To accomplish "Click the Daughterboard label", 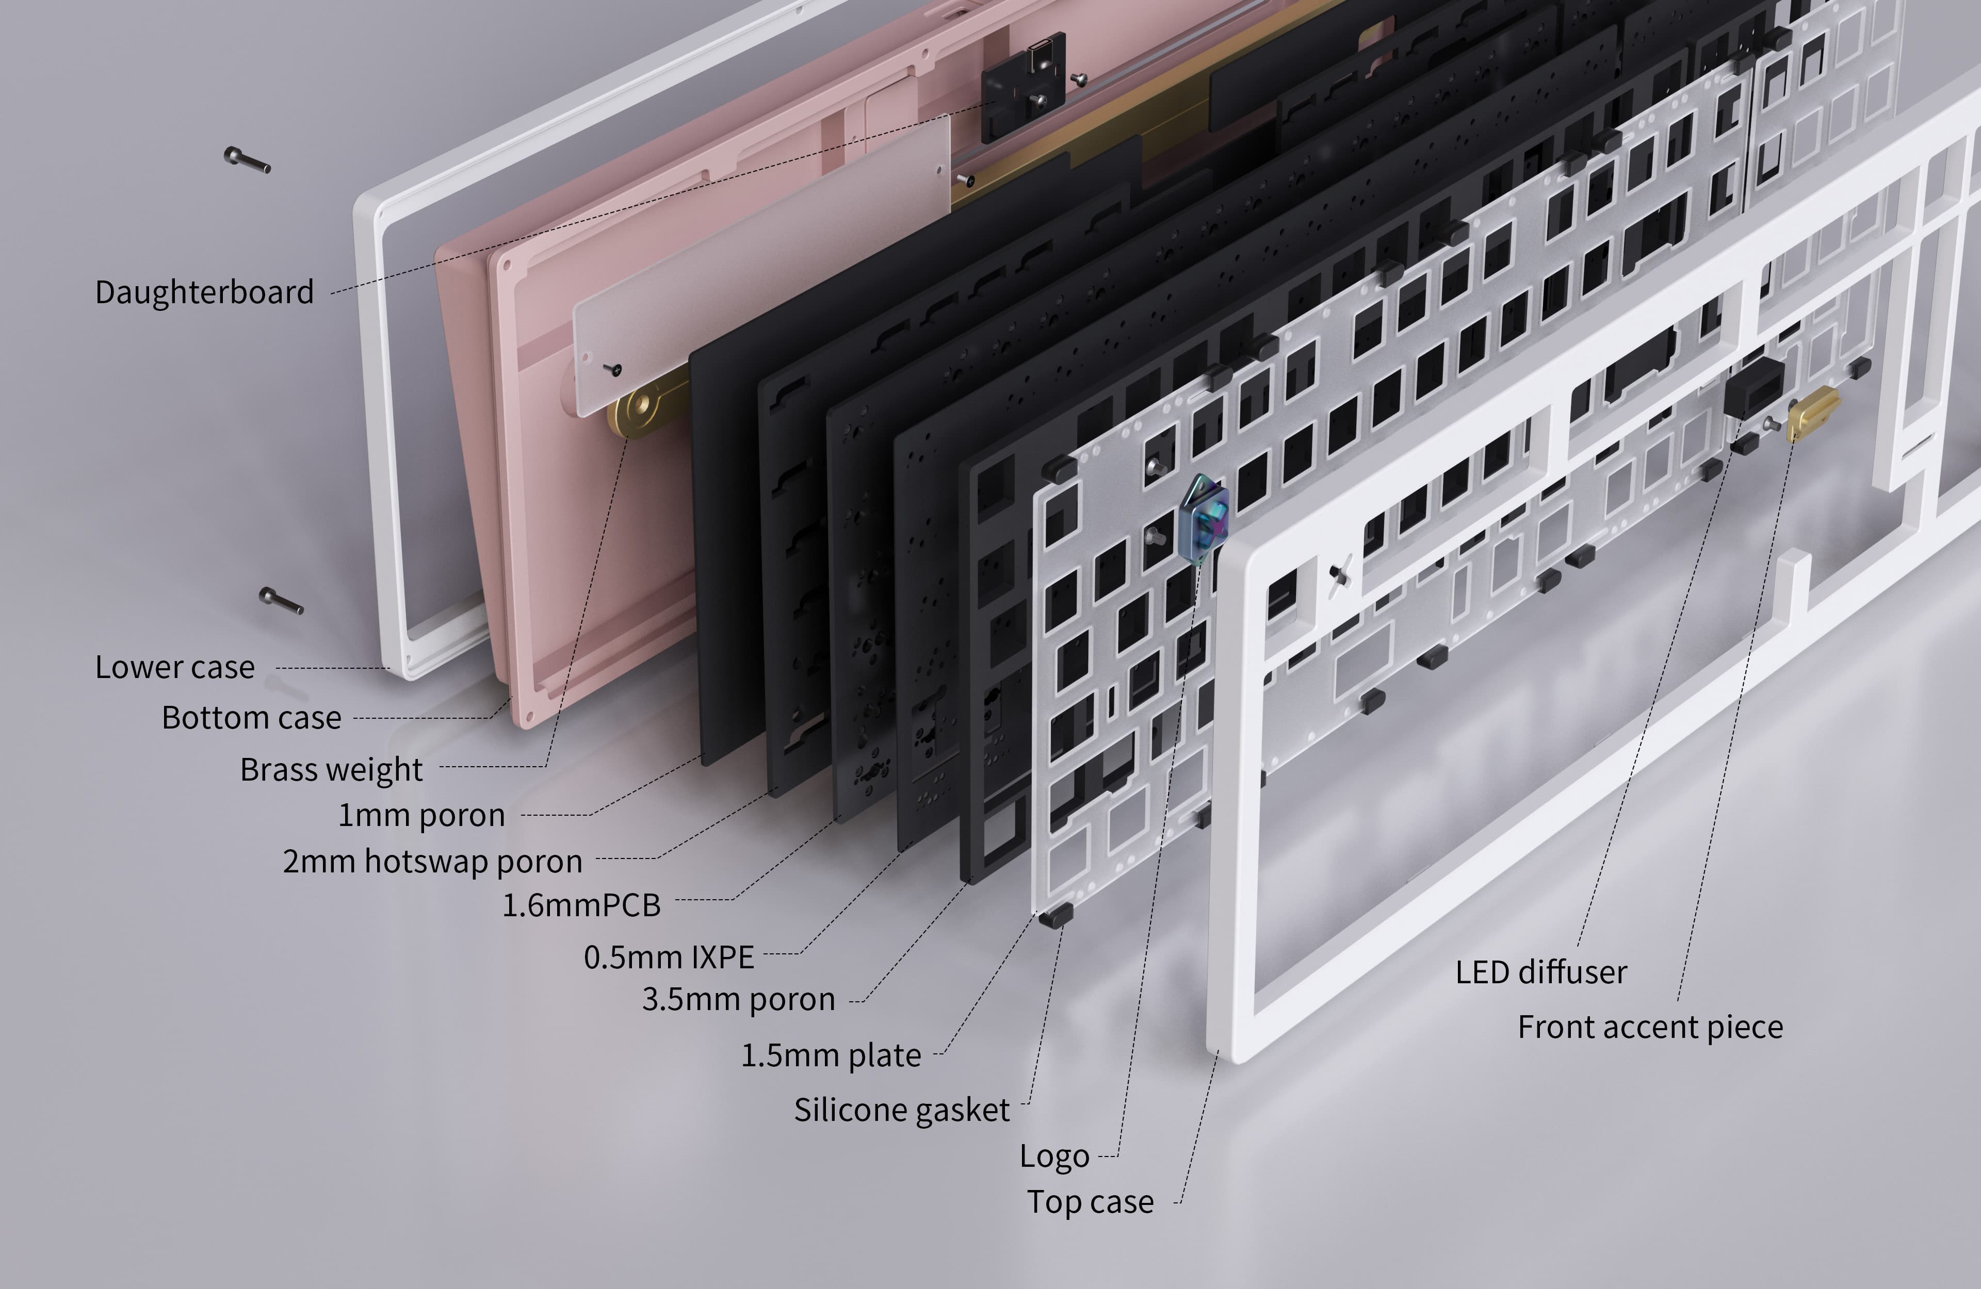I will coord(204,292).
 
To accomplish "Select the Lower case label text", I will coord(175,667).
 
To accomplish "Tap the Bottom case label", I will coord(251,717).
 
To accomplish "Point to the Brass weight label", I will coord(331,770).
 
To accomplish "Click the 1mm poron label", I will coord(421,815).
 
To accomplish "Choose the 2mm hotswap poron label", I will coord(432,861).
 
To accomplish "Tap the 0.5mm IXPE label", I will coord(669,957).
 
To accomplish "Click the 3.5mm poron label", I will coord(738,999).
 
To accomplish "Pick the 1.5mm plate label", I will coord(831,1055).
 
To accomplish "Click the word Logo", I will coord(1054,1156).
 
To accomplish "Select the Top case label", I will coord(1091,1202).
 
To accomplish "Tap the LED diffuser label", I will coord(1540,972).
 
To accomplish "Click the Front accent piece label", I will coord(1650,1027).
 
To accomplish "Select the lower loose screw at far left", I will coord(281,600).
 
